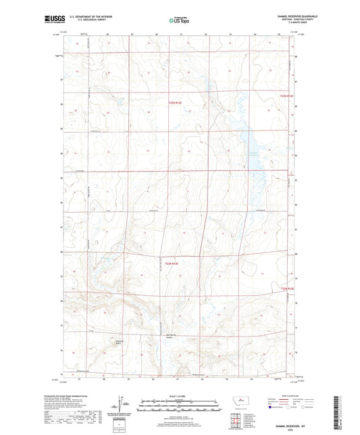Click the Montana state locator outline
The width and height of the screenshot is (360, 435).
(x=236, y=402)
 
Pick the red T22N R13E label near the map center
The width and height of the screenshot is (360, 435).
(x=168, y=263)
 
